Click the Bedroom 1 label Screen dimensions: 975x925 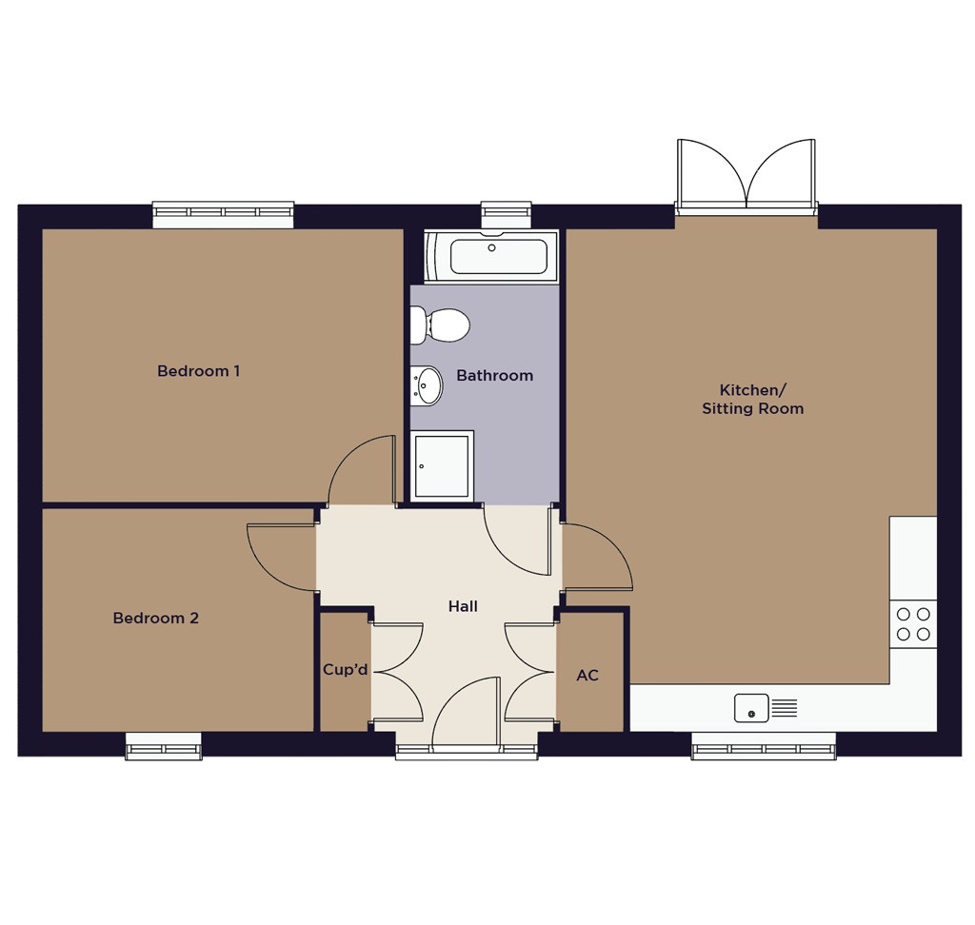[x=198, y=371]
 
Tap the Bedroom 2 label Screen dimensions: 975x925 [x=155, y=618]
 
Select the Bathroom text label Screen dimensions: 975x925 [x=495, y=376]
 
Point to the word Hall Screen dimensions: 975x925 [x=464, y=606]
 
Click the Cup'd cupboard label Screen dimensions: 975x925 [x=345, y=670]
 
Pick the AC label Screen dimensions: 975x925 [x=587, y=675]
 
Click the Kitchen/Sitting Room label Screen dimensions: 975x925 [x=753, y=399]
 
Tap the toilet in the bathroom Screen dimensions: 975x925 [x=440, y=325]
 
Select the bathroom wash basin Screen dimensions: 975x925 [x=427, y=385]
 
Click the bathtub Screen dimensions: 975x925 [x=491, y=256]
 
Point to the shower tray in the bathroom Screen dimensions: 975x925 [x=442, y=466]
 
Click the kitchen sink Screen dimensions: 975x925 [x=766, y=708]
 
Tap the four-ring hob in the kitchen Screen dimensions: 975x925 [x=913, y=624]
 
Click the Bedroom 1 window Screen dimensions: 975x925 [x=223, y=214]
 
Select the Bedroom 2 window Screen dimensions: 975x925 [x=164, y=746]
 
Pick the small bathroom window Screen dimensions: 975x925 [x=507, y=214]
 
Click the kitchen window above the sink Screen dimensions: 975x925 [x=764, y=746]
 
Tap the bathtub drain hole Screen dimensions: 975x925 [x=492, y=248]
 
